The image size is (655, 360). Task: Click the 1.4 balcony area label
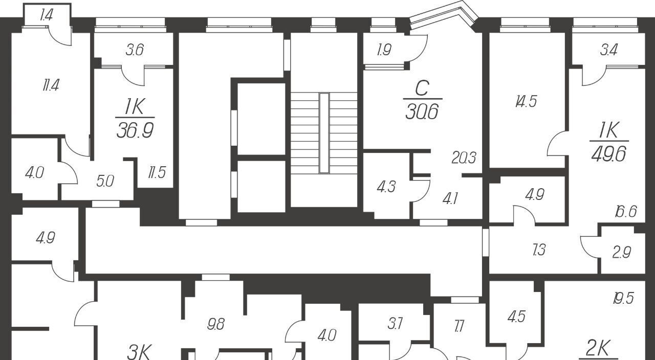pos(46,15)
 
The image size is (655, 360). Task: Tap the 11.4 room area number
pos(51,85)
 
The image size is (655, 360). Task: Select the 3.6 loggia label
pos(135,50)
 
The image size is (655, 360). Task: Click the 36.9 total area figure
pos(135,130)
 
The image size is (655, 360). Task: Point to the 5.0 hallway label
pos(105,181)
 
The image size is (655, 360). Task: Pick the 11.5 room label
pos(157,172)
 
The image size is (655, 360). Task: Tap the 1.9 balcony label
pos(384,50)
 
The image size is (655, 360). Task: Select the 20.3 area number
pos(464,157)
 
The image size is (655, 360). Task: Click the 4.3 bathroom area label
pos(386,187)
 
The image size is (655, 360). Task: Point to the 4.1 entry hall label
pos(450,199)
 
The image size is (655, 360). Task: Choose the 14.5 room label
pos(526,102)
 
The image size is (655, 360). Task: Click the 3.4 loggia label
pos(609,50)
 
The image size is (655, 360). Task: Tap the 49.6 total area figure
pos(609,154)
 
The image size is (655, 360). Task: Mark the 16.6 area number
pos(626,211)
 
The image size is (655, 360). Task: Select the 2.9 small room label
pos(622,252)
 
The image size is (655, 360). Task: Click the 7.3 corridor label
pos(539,250)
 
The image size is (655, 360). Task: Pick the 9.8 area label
pos(216,324)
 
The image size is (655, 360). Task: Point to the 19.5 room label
pos(623,298)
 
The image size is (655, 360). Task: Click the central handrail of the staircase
pos(324,133)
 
